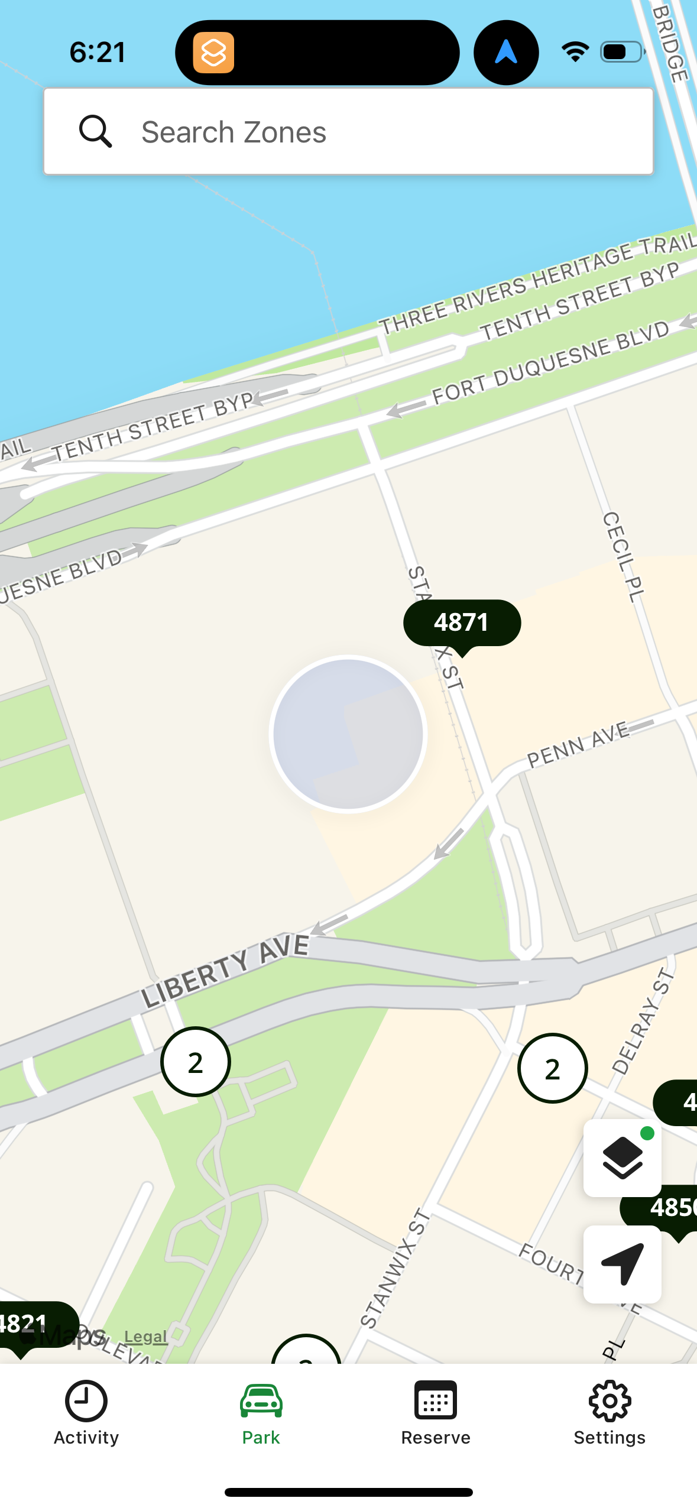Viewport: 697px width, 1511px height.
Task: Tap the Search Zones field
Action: [x=349, y=132]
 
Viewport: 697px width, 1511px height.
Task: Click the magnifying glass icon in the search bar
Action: [x=95, y=131]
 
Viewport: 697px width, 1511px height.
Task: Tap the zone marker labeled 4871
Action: [x=462, y=623]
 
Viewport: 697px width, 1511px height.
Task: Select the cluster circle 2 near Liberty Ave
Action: [x=196, y=1062]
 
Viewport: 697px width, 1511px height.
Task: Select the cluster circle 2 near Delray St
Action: [x=552, y=1068]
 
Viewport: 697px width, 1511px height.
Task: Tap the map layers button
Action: [x=622, y=1157]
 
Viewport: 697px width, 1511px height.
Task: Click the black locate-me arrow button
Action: [x=622, y=1264]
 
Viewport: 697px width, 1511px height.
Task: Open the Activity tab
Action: [x=86, y=1413]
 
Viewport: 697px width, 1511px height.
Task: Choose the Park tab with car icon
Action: [x=261, y=1413]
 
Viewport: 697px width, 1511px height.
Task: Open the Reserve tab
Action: [x=436, y=1413]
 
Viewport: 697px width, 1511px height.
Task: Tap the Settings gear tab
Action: [x=610, y=1413]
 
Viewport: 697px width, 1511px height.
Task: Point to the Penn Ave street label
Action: [x=578, y=744]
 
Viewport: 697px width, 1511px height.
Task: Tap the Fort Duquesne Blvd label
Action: [x=550, y=364]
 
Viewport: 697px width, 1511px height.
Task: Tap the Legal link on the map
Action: [x=145, y=1337]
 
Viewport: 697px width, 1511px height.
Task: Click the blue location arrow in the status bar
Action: [x=506, y=53]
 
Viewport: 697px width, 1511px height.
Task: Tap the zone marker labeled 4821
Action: [x=27, y=1324]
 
